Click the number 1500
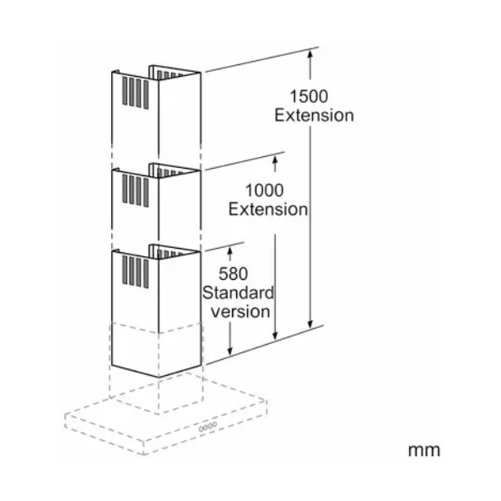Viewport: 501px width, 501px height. click(309, 96)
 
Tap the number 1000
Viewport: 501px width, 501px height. click(264, 190)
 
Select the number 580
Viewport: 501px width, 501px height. click(233, 274)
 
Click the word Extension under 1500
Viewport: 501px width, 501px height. click(314, 115)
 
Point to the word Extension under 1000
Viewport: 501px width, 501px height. click(268, 210)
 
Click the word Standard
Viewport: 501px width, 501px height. click(238, 293)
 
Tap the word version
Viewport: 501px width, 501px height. click(240, 311)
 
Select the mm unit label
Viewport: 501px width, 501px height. click(424, 450)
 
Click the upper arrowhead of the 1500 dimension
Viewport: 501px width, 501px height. click(310, 55)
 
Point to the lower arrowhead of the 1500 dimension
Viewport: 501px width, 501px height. click(310, 323)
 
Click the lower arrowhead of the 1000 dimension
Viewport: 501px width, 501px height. click(275, 335)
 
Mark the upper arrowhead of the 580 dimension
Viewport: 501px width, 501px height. click(230, 250)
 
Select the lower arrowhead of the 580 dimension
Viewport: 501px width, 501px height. click(230, 351)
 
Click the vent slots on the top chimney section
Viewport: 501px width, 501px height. click(135, 93)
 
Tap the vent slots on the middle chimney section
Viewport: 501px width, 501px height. click(135, 190)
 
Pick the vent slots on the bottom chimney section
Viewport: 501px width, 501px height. click(135, 272)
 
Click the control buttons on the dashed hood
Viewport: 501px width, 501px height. click(208, 427)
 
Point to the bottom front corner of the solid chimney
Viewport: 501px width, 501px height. click(159, 377)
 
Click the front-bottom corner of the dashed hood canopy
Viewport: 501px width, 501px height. click(144, 454)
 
